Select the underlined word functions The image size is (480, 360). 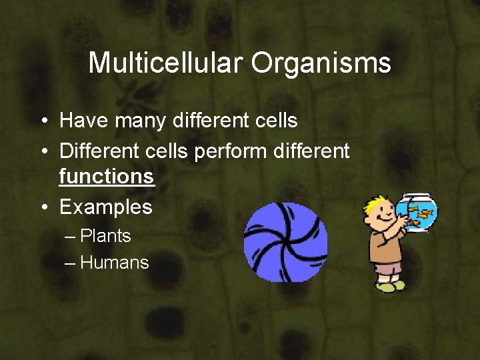[x=107, y=177]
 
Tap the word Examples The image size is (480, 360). [x=106, y=207]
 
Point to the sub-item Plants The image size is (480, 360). [x=105, y=236]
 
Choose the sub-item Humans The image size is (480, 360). [x=114, y=263]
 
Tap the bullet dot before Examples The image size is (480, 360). [x=43, y=207]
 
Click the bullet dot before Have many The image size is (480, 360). [x=43, y=121]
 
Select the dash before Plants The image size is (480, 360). [x=71, y=236]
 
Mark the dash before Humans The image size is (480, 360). [x=71, y=263]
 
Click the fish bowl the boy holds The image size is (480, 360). [x=417, y=212]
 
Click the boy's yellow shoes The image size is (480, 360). [x=390, y=285]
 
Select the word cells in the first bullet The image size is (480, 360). [x=270, y=121]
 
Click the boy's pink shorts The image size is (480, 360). [x=389, y=268]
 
